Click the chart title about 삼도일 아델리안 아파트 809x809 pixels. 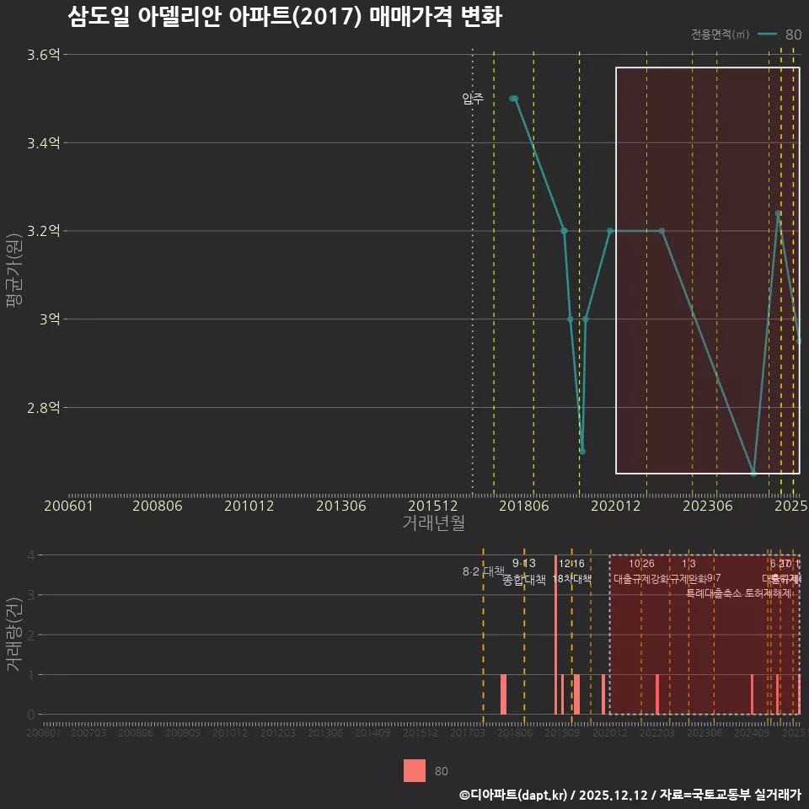285,17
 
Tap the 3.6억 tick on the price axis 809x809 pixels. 44,55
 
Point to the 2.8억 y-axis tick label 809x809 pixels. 44,408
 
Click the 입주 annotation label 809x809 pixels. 473,99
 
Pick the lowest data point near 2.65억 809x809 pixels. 753,474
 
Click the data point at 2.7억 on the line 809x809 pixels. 582,451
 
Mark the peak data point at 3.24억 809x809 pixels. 778,213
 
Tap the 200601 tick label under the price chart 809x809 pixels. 68,506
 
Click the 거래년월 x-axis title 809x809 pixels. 433,523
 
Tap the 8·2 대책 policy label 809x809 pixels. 483,571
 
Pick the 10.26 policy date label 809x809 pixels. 641,564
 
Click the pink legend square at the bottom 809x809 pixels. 415,771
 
